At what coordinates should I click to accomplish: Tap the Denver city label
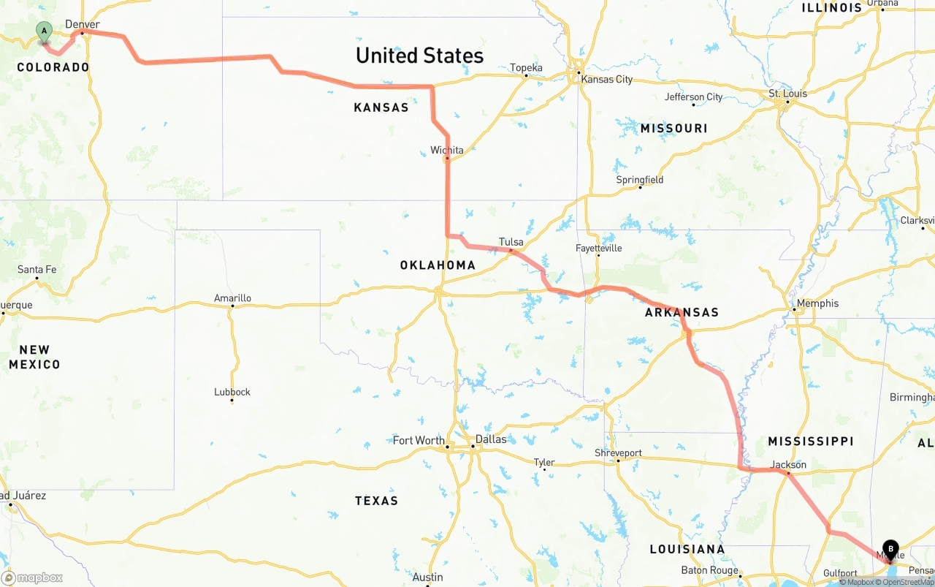83,25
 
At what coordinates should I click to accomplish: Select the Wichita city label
446,151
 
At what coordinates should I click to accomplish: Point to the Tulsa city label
511,242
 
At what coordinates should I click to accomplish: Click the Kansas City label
606,79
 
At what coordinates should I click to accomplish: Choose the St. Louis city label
788,94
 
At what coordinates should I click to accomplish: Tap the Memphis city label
818,303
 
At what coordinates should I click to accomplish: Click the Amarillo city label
232,298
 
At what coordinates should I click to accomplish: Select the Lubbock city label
232,392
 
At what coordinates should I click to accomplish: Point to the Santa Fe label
37,270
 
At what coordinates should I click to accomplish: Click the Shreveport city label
618,453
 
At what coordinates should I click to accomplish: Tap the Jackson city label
789,465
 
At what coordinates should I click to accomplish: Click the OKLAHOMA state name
438,265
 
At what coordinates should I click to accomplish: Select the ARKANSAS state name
682,313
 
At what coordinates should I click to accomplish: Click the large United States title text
419,56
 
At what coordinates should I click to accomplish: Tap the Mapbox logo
32,578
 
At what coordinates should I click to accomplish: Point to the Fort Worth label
419,440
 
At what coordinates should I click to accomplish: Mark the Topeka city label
526,68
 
